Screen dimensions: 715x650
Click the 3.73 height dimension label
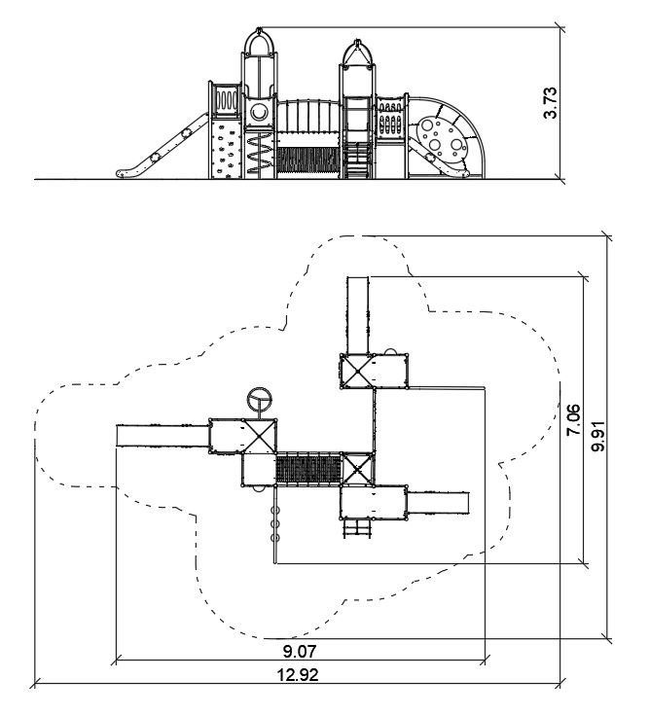click(x=552, y=102)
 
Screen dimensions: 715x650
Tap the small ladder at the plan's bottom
click(x=357, y=527)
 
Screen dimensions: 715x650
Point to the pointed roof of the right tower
click(x=357, y=54)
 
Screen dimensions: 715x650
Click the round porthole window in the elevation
click(x=260, y=112)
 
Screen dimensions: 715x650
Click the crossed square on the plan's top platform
click(x=355, y=370)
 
